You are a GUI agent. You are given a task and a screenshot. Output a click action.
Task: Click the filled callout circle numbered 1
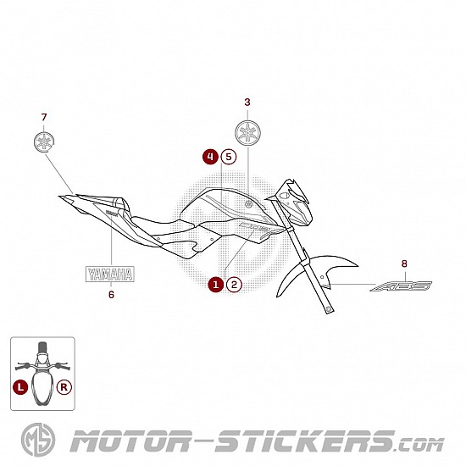[x=216, y=285]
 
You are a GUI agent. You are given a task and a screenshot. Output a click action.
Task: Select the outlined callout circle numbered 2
[x=234, y=285]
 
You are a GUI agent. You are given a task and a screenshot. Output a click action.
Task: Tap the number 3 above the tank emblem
[x=247, y=103]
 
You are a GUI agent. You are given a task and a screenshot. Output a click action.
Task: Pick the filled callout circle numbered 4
[x=210, y=157]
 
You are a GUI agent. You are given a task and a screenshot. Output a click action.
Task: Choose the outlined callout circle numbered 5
[x=229, y=157]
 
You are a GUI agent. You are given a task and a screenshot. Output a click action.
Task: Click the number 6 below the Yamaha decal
[x=111, y=295]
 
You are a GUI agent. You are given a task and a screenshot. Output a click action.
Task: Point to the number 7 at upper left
[x=44, y=118]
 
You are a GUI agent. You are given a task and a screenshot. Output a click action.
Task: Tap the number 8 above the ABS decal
[x=404, y=264]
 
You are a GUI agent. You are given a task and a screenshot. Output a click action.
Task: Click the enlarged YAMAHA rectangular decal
[x=110, y=274]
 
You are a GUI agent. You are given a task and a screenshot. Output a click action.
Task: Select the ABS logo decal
[x=401, y=286]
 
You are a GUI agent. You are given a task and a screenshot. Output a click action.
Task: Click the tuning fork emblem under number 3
[x=248, y=133]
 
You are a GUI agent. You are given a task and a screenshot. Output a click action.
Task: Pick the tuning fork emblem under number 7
[x=45, y=141]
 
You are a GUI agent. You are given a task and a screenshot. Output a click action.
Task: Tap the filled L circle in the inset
[x=20, y=387]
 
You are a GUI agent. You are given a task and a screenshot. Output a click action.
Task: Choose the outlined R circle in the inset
[x=64, y=387]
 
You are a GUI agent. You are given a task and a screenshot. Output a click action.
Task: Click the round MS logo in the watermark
[x=38, y=440]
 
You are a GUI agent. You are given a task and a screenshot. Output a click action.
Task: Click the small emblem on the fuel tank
[x=248, y=204]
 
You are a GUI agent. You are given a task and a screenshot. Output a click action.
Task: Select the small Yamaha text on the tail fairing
[x=112, y=213]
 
